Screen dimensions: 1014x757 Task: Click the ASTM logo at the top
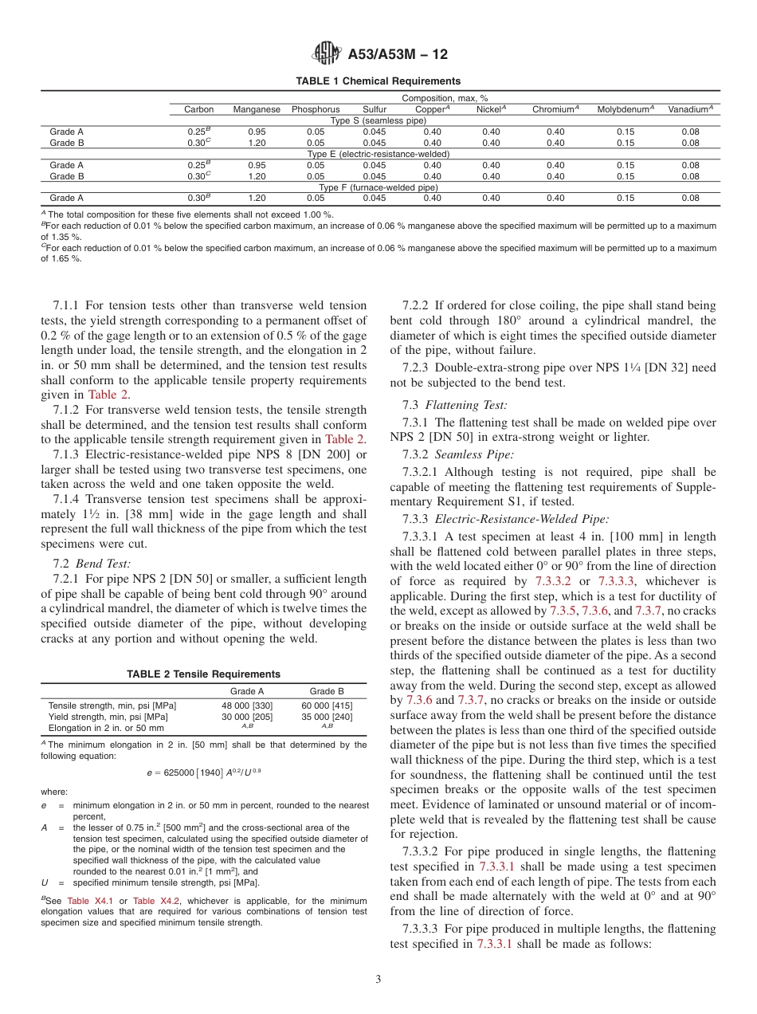click(326, 54)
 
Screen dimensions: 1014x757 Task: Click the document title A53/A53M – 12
click(398, 54)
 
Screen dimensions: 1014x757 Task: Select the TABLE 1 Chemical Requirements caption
click(378, 81)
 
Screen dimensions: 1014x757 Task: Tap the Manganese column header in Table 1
click(257, 109)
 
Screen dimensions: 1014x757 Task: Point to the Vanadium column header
click(690, 109)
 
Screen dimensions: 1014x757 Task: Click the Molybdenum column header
click(626, 109)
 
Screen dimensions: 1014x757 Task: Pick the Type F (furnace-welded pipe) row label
click(378, 187)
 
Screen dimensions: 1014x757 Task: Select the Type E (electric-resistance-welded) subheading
click(378, 154)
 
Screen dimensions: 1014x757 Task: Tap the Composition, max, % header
click(445, 98)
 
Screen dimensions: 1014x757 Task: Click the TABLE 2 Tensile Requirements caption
click(204, 674)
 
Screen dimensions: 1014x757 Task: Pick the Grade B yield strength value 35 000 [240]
click(327, 717)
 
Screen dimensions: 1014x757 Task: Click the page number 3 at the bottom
click(378, 980)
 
